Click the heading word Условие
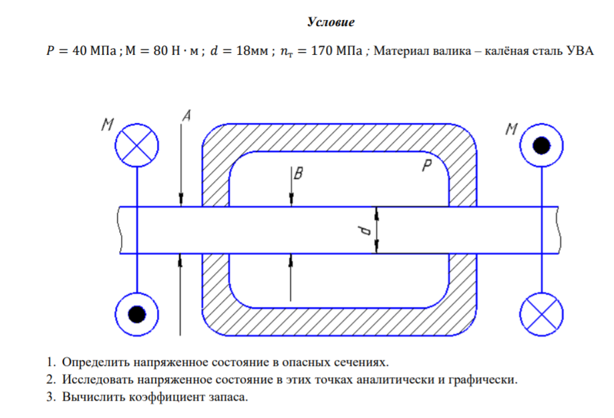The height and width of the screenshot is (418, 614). click(330, 23)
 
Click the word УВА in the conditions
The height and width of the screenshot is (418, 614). click(579, 51)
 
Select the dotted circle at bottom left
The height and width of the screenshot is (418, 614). click(136, 312)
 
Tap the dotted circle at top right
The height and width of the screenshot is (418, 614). click(542, 144)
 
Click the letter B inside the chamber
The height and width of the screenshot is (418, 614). click(299, 174)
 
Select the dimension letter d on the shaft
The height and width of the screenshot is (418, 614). click(365, 231)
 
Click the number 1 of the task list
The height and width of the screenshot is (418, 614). click(49, 363)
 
